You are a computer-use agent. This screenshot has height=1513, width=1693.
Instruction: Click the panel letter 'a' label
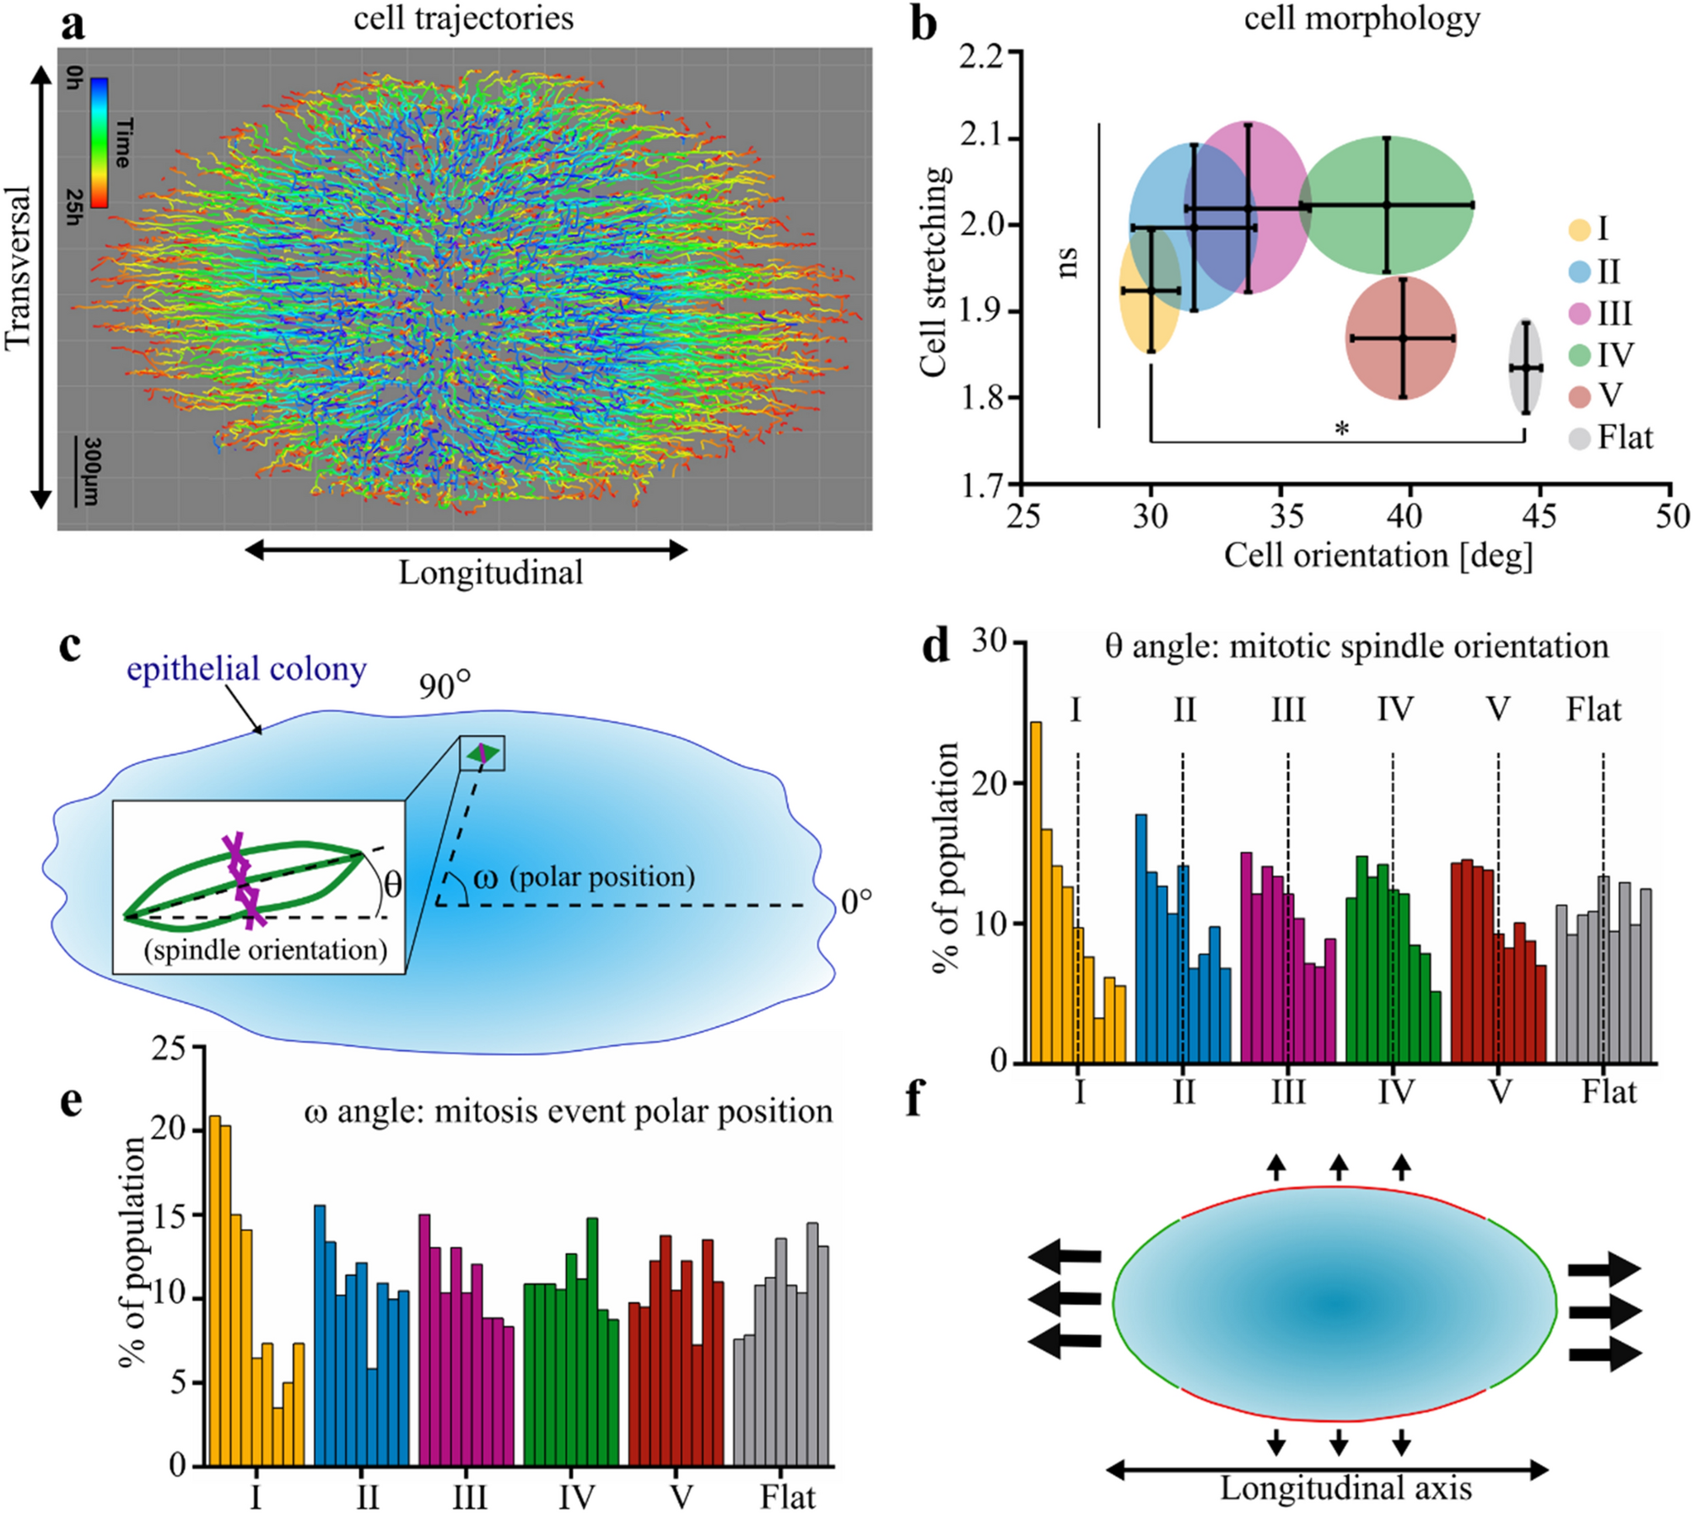click(x=73, y=25)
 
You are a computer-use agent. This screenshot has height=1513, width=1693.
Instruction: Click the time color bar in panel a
click(x=99, y=142)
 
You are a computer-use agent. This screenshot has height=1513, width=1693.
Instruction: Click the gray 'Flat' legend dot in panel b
click(x=1580, y=439)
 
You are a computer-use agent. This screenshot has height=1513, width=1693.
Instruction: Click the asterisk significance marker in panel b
click(x=1341, y=429)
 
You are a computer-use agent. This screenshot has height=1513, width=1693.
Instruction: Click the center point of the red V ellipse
click(x=1402, y=338)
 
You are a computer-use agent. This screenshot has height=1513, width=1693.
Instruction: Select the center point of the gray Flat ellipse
click(x=1525, y=368)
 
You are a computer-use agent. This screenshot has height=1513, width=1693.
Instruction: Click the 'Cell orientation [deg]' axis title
click(x=1378, y=556)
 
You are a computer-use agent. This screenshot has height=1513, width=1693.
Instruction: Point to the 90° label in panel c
click(x=445, y=687)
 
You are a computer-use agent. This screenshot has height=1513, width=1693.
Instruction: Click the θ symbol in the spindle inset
click(x=392, y=885)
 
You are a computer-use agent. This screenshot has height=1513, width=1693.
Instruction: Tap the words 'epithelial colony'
click(x=246, y=670)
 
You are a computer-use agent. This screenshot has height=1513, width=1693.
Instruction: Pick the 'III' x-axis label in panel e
click(x=469, y=1497)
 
